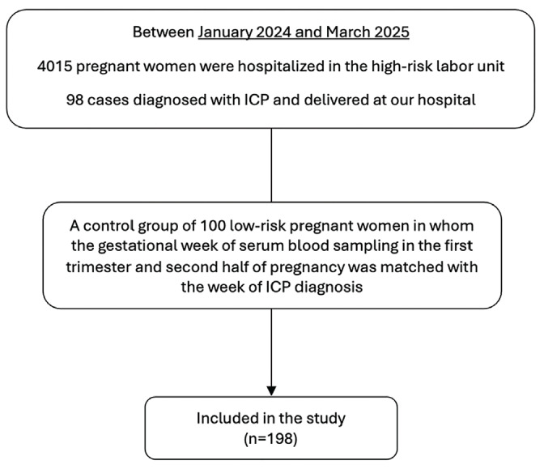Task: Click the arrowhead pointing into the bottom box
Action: (271, 390)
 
